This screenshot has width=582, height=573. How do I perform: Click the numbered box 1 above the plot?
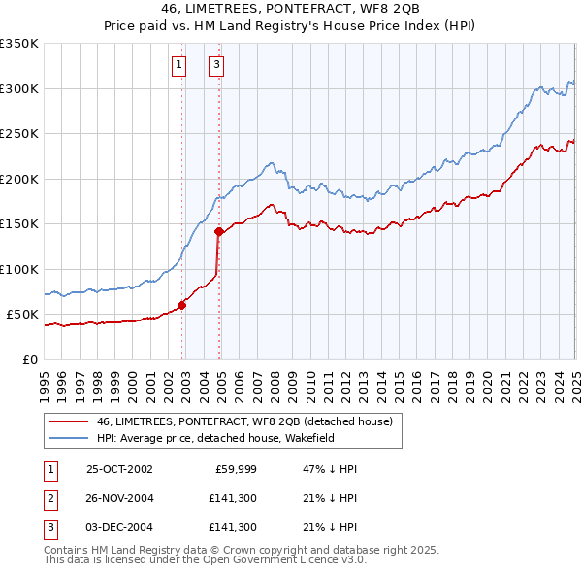[x=180, y=65]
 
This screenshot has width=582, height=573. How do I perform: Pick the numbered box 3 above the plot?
[x=216, y=65]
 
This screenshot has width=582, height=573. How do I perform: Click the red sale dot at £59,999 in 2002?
[x=182, y=305]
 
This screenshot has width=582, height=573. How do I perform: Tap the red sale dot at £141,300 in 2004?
[x=219, y=231]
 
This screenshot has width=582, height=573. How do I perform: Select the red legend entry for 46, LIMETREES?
[x=243, y=422]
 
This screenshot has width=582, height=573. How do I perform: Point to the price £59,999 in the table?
[x=233, y=469]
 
